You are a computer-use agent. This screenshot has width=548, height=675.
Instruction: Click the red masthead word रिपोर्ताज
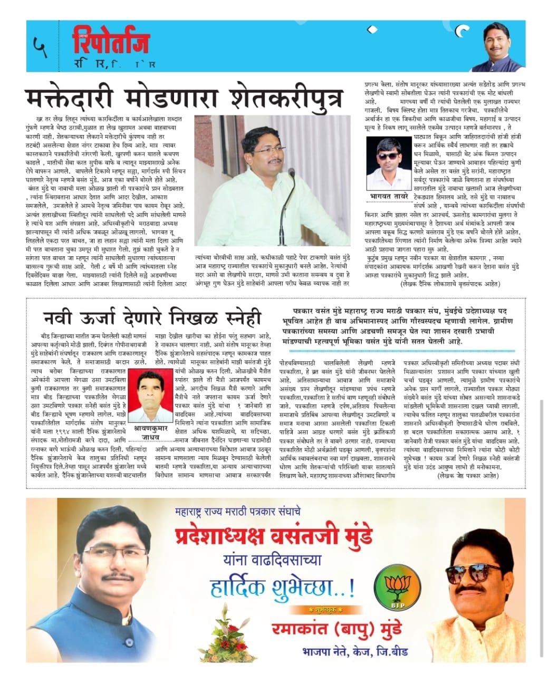click(x=111, y=42)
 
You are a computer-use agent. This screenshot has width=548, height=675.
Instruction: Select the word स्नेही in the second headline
click(x=238, y=319)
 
